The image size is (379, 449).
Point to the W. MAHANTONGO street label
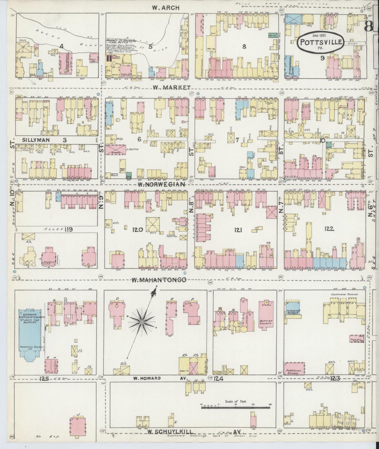(x=159, y=280)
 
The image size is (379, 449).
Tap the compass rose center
(x=142, y=322)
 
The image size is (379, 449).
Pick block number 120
(x=137, y=230)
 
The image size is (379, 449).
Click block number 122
(x=329, y=229)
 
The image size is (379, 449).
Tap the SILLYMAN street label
(x=36, y=140)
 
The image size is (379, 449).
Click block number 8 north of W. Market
(x=244, y=47)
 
